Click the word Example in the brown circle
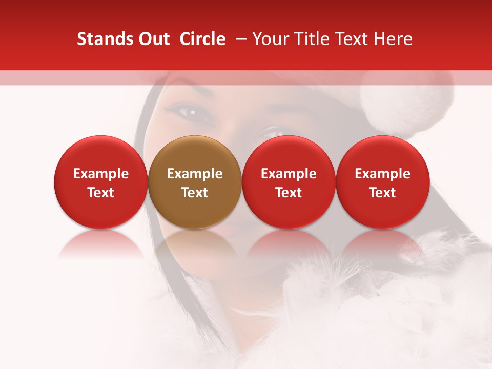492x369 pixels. click(195, 174)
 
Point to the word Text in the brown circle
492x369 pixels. click(195, 193)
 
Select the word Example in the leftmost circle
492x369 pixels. click(101, 174)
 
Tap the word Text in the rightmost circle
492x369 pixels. click(383, 193)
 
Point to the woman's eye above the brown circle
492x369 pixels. click(188, 111)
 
